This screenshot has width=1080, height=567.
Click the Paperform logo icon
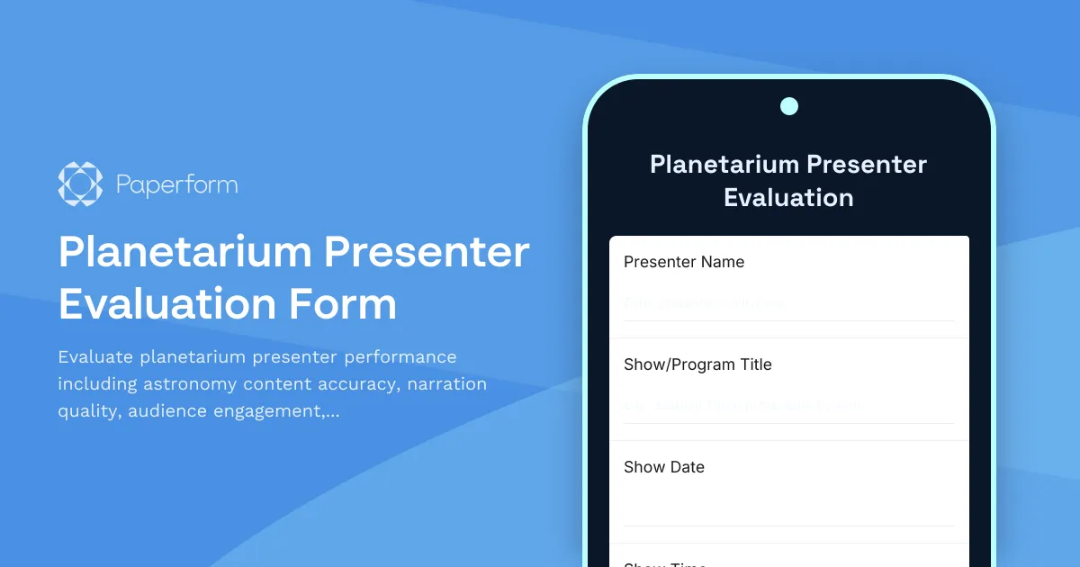[80, 185]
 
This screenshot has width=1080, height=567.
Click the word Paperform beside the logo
[176, 186]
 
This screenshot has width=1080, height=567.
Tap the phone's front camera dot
[789, 106]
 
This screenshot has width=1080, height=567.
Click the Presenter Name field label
[684, 262]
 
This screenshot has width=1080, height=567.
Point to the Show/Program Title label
[697, 364]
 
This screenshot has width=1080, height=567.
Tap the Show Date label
[664, 467]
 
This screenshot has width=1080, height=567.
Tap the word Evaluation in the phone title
[788, 198]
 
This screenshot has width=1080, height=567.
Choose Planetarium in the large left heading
[184, 253]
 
